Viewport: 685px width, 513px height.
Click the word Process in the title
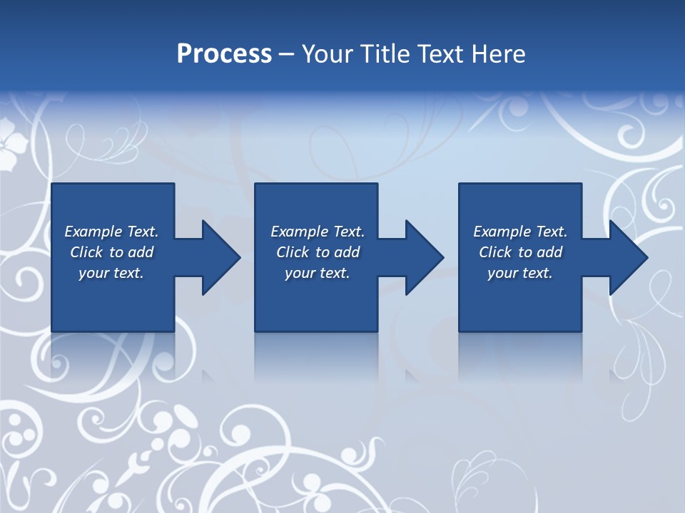point(224,53)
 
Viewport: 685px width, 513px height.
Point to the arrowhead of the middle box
point(423,257)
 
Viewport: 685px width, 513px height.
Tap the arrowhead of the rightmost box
point(627,257)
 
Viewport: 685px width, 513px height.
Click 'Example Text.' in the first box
point(111,232)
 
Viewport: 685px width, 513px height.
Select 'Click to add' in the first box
point(111,252)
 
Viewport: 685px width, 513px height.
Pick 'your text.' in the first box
point(111,273)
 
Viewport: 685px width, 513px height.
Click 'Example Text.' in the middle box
point(317,232)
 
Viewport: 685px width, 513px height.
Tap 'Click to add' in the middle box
point(317,252)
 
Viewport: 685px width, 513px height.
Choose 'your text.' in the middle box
point(317,273)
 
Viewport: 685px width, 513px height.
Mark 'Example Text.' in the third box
point(520,232)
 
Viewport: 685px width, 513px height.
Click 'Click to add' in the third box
point(520,252)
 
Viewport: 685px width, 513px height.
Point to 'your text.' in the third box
point(520,273)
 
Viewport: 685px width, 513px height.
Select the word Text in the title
point(440,53)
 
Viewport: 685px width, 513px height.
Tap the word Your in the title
point(327,53)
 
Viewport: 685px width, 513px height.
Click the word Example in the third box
point(502,232)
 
